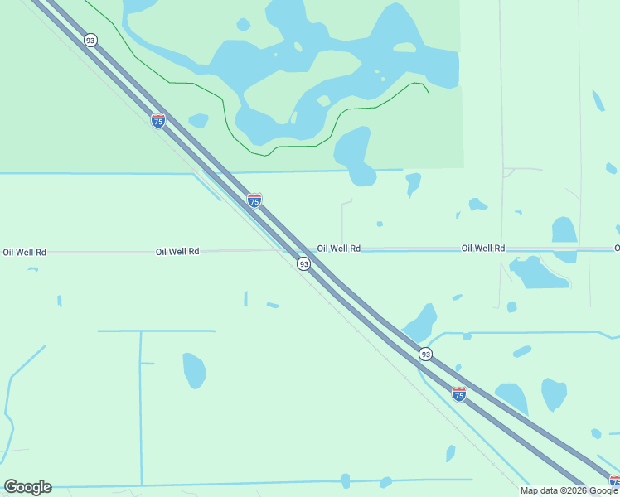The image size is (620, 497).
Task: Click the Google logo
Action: [27, 487]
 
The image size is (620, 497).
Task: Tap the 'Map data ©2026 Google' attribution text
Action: [569, 490]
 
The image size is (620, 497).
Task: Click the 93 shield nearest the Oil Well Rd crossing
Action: [304, 263]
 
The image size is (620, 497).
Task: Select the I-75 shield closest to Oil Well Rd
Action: [254, 200]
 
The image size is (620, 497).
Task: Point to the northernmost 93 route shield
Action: [90, 40]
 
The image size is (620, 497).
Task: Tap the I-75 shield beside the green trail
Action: [158, 121]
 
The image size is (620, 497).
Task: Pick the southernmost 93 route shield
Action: [425, 354]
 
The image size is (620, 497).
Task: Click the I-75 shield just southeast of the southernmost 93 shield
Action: [459, 393]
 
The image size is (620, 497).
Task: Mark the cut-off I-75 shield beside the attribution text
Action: [614, 481]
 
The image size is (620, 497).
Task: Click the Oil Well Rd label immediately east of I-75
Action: [338, 248]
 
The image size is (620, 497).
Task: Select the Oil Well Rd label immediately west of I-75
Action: [177, 251]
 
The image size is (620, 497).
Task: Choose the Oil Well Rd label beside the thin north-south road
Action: [483, 248]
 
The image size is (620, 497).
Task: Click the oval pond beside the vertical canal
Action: [193, 370]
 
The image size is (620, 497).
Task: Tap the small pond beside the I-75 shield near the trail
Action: [198, 120]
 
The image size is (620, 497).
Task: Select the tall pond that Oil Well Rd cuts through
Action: [564, 238]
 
